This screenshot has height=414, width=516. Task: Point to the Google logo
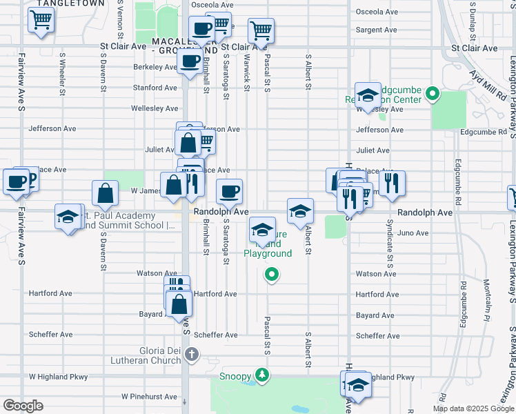point(22,406)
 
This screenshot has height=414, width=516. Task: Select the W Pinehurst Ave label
point(149,397)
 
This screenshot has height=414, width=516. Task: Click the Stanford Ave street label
point(155,88)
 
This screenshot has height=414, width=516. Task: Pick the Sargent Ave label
point(377,30)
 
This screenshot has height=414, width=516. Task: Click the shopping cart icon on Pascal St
point(261,30)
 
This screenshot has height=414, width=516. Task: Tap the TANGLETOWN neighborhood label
point(72,3)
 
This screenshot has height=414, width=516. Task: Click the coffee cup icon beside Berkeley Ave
point(188,61)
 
